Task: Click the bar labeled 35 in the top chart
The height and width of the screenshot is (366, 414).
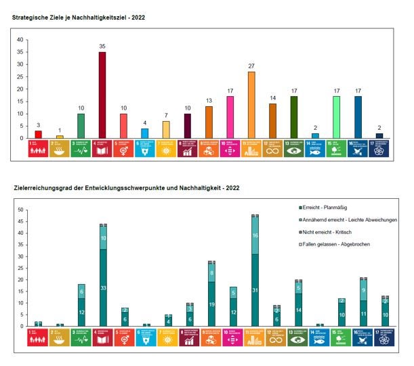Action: pos(102,95)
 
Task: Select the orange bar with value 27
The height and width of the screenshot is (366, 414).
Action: pos(251,105)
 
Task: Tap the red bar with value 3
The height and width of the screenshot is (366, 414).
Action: pos(39,134)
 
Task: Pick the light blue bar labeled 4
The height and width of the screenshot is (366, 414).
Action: pos(145,133)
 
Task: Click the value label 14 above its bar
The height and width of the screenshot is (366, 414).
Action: pos(272,97)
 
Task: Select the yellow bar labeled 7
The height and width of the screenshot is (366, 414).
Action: pos(166,130)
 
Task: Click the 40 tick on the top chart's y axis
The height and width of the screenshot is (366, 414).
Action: pos(20,40)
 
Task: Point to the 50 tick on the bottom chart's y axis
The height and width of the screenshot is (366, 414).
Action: pos(20,210)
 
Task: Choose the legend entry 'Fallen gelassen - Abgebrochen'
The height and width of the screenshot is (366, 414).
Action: pos(337,244)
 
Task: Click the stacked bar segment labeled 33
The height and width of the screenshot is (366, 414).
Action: pos(103,288)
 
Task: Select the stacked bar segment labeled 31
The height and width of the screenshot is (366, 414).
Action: pos(255,290)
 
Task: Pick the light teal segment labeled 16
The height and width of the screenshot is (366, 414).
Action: pos(255,235)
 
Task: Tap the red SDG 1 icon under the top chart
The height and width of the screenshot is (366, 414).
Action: pos(39,149)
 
